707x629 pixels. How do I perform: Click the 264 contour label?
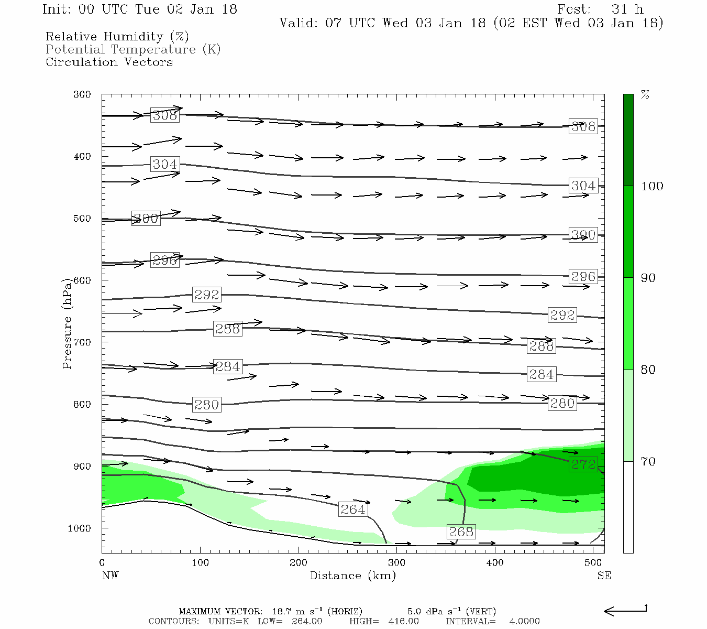(352, 509)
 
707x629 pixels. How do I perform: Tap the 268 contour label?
(461, 532)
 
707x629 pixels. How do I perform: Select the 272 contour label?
(583, 464)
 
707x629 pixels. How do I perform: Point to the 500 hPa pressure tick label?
(82, 219)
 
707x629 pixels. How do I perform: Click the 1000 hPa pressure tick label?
(79, 528)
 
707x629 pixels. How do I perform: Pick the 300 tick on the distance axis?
(396, 563)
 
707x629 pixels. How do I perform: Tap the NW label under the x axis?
(110, 576)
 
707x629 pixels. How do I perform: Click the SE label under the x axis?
(604, 576)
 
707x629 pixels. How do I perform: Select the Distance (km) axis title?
(352, 576)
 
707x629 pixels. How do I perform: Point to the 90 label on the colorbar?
(648, 278)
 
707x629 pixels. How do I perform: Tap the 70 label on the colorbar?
(648, 462)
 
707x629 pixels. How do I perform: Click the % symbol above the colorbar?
(645, 95)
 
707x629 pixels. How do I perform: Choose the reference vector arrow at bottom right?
(625, 611)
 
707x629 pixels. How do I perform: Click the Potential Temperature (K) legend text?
(133, 49)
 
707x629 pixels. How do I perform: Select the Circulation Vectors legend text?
(109, 62)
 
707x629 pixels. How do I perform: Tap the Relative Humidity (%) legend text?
(117, 37)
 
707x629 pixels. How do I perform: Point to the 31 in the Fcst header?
(619, 9)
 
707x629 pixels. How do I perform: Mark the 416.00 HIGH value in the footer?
(403, 621)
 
